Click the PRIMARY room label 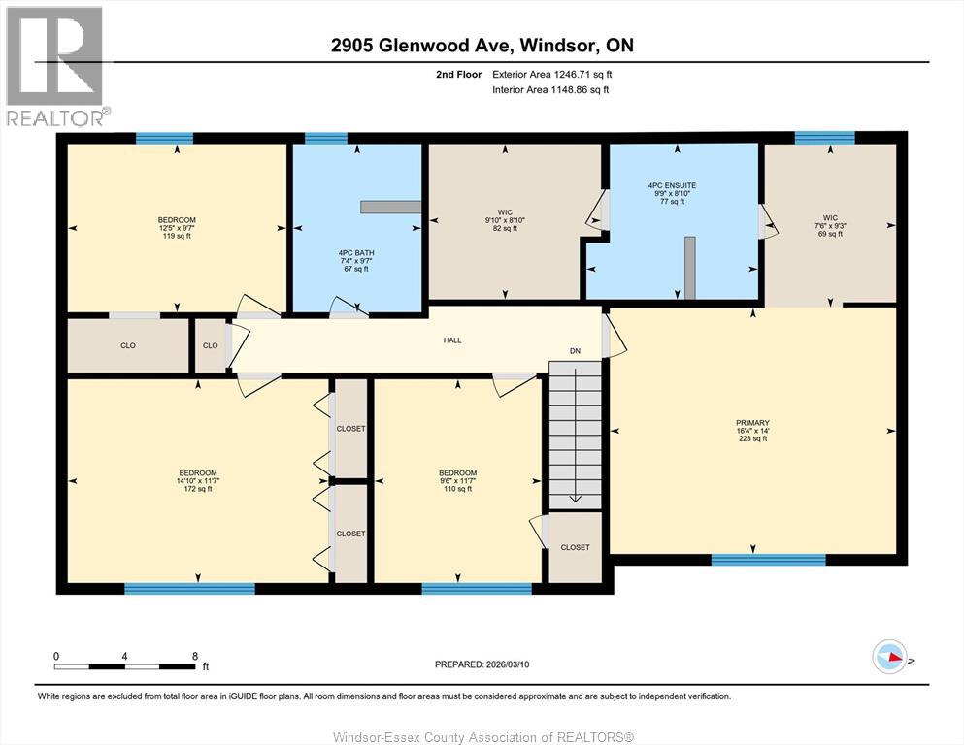(x=752, y=423)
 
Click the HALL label (x=452, y=340)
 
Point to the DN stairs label (x=575, y=352)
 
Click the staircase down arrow (x=575, y=497)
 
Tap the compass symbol (x=889, y=657)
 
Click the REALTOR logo (x=55, y=66)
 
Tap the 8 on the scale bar (x=195, y=656)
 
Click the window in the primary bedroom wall (x=768, y=560)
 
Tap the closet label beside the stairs (x=575, y=547)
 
